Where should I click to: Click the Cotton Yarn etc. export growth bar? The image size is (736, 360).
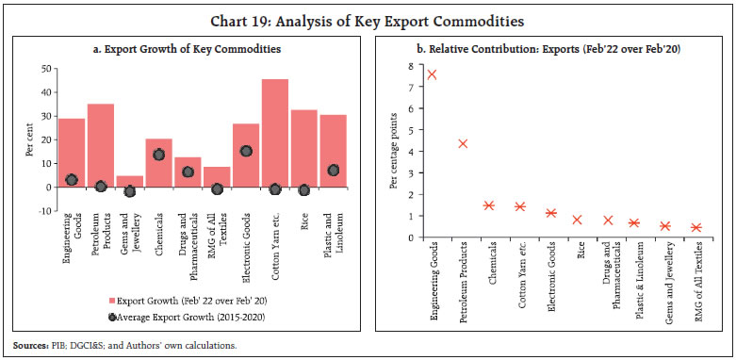275,132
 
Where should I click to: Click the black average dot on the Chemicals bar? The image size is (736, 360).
159,155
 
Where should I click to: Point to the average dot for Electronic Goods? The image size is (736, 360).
246,151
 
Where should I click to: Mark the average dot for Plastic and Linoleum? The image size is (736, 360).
334,171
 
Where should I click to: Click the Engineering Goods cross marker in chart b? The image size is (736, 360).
431,74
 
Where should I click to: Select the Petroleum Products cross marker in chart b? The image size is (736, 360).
462,144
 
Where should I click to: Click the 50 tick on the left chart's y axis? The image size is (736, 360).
44,69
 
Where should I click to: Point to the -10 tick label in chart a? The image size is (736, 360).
42,211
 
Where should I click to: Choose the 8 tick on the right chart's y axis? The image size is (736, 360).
409,66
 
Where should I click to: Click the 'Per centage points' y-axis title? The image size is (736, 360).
395,150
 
